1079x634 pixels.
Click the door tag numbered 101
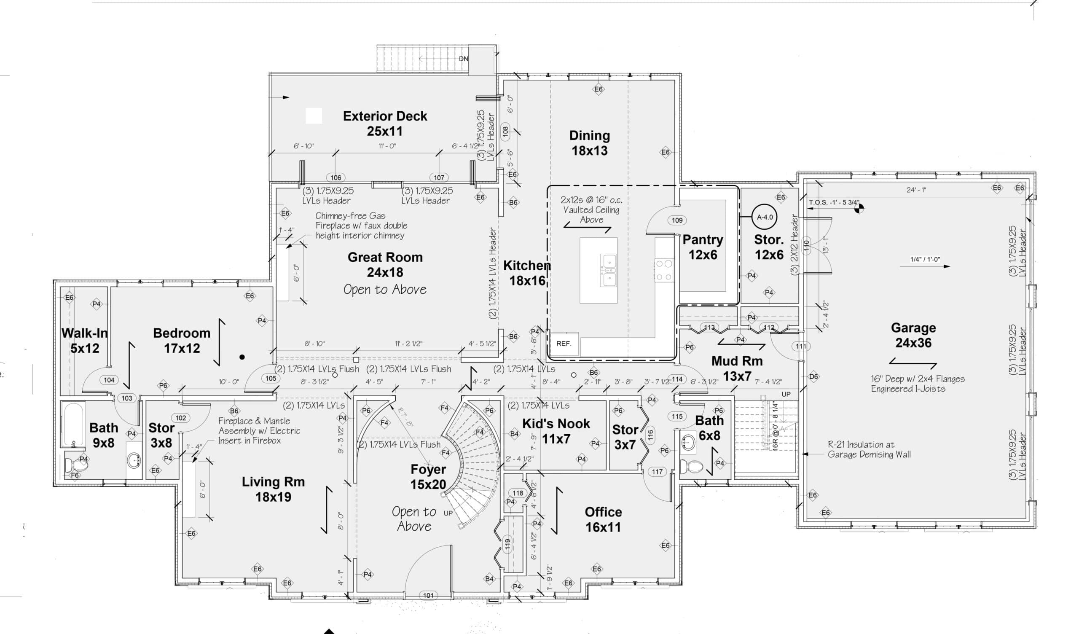428,595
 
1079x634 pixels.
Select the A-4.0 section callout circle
765,217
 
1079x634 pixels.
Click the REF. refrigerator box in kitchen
564,344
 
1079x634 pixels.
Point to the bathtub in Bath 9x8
74,424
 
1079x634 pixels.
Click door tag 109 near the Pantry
677,220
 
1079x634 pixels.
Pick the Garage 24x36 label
913,335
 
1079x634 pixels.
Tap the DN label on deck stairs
463,59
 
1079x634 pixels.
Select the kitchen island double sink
608,270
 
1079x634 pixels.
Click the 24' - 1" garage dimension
916,190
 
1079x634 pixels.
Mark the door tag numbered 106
336,177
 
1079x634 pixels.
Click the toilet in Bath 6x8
691,466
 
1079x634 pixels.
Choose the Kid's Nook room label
556,431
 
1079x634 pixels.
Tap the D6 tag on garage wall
813,376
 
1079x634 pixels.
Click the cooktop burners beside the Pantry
664,270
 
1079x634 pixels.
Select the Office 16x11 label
603,519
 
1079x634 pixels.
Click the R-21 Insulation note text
869,449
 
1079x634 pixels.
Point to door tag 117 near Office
657,472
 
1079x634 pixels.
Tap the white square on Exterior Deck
314,116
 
